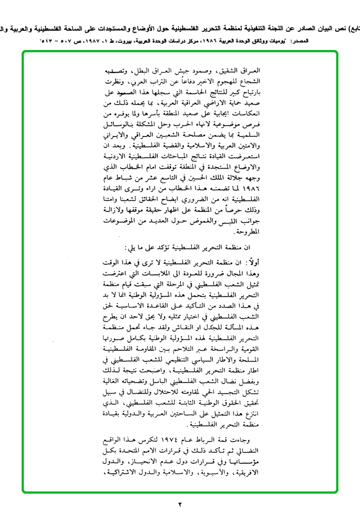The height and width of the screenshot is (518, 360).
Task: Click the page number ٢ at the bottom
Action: pyautogui.click(x=180, y=504)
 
